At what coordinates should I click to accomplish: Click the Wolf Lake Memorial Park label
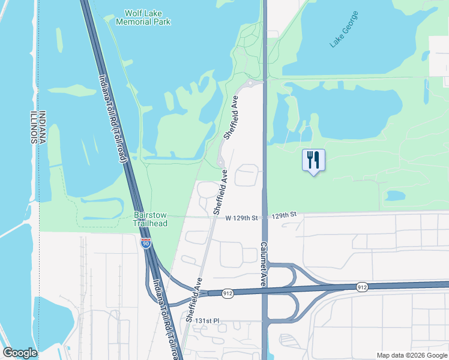pyautogui.click(x=147, y=17)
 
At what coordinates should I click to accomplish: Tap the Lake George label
pyautogui.click(x=344, y=29)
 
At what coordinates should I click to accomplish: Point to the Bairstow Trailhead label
pyautogui.click(x=150, y=218)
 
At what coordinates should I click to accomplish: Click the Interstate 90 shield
pyautogui.click(x=145, y=242)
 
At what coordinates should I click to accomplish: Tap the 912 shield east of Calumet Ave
pyautogui.click(x=361, y=287)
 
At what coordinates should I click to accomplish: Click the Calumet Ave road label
pyautogui.click(x=263, y=265)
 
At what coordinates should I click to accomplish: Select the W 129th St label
pyautogui.click(x=241, y=217)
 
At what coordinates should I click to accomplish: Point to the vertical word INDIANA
pyautogui.click(x=43, y=128)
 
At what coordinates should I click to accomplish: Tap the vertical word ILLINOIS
pyautogui.click(x=33, y=128)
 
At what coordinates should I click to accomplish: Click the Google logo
pyautogui.click(x=20, y=353)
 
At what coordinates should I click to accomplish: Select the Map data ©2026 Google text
pyautogui.click(x=411, y=355)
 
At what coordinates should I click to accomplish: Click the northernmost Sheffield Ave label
pyautogui.click(x=232, y=121)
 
